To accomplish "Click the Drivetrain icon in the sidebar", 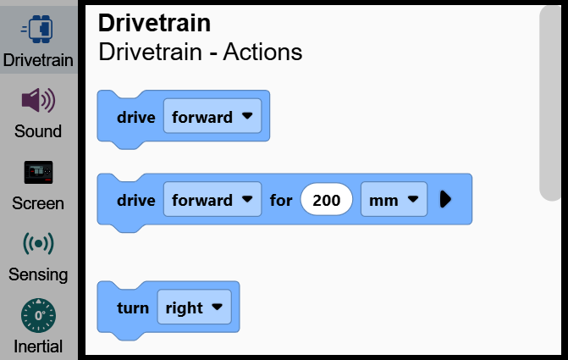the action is [x=37, y=29].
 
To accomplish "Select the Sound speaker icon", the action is [x=38, y=100].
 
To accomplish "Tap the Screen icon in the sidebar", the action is [x=38, y=172].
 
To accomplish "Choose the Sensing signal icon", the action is [x=38, y=244].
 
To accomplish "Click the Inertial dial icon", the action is [x=38, y=315].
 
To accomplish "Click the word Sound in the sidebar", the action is [x=38, y=131].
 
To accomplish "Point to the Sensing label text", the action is [x=38, y=274].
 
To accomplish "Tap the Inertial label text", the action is [x=38, y=346].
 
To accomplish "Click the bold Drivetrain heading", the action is [x=154, y=23].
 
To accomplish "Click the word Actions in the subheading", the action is [x=262, y=52].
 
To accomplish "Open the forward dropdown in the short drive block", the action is [x=212, y=116].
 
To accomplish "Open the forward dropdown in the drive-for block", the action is [x=212, y=199].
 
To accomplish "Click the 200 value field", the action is [x=327, y=199].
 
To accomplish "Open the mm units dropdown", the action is [x=394, y=199].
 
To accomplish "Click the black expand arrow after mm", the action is [x=445, y=199].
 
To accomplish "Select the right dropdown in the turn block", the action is [x=194, y=307].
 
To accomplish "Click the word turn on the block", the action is [x=133, y=308].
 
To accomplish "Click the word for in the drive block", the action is [x=281, y=200].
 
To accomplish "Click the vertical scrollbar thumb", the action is [x=550, y=103].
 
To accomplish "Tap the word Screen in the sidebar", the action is [x=38, y=203].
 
